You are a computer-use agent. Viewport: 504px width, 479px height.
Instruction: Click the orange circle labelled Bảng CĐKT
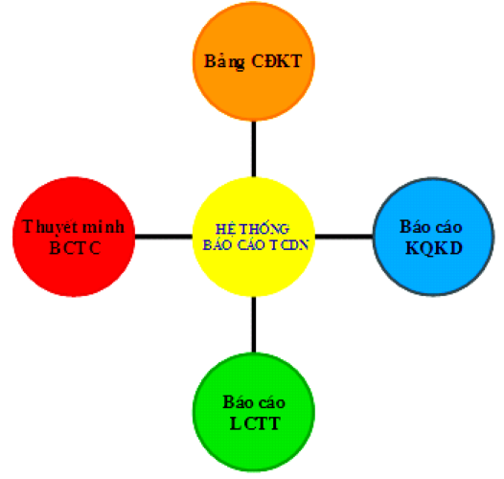254,61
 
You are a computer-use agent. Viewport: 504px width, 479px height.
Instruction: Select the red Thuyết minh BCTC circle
74,237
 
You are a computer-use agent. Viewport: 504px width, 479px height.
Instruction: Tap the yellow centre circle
254,237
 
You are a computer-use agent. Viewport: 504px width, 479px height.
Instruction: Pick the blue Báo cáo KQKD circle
434,237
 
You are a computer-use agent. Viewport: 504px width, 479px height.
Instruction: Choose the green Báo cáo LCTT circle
254,412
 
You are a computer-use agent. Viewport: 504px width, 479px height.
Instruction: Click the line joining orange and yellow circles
254,148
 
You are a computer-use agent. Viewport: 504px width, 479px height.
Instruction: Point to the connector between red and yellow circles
164,237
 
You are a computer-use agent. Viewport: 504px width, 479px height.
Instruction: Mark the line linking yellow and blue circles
344,237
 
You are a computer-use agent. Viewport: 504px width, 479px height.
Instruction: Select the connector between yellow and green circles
254,325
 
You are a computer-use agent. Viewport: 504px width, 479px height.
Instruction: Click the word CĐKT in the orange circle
277,61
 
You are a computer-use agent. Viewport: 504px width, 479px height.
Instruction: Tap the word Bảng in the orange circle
224,61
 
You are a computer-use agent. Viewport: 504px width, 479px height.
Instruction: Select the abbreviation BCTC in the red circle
75,248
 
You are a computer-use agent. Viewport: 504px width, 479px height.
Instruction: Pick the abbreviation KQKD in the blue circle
434,248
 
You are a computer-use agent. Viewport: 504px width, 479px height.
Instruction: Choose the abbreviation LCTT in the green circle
255,423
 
